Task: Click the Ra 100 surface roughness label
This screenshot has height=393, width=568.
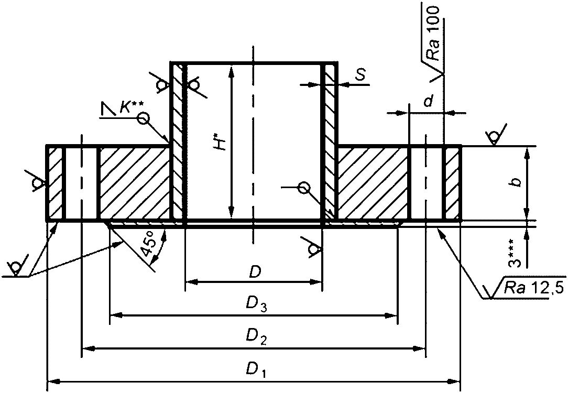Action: click(x=433, y=38)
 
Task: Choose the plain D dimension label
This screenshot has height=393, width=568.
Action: click(x=255, y=271)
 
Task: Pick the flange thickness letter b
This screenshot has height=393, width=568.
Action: click(x=517, y=182)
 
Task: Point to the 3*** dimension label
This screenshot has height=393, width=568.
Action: click(x=518, y=255)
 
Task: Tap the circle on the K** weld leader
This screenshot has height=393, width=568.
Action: click(x=143, y=119)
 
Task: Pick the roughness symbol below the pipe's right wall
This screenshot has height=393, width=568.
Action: click(x=314, y=248)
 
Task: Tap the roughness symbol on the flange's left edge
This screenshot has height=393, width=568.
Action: click(x=37, y=182)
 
